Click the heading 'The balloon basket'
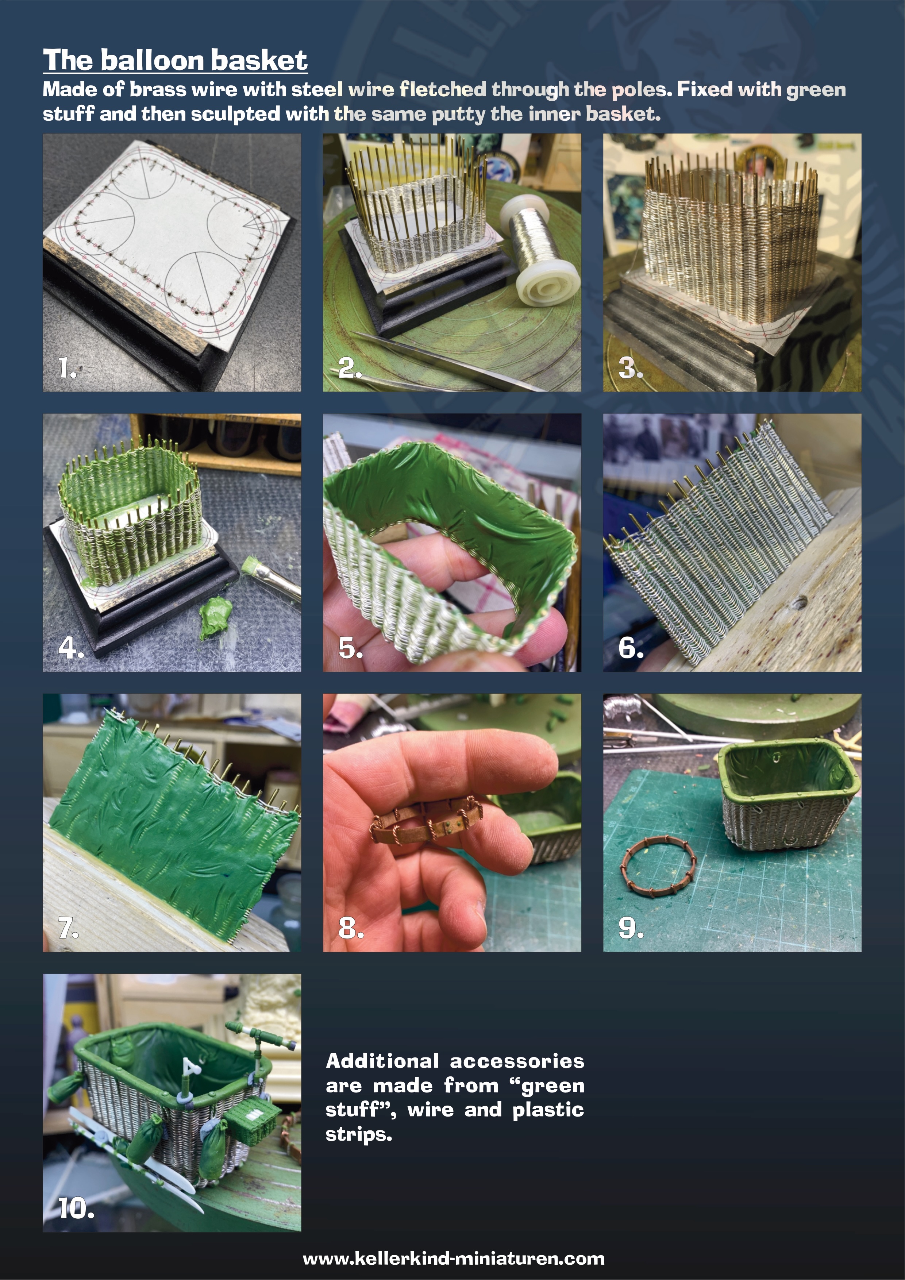(x=175, y=60)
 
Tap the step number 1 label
(x=68, y=368)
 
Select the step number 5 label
(x=351, y=648)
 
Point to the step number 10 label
(x=76, y=1208)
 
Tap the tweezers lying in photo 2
(x=446, y=359)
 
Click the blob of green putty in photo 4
(x=215, y=616)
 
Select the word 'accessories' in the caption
(x=517, y=1061)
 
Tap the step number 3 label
(x=631, y=368)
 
